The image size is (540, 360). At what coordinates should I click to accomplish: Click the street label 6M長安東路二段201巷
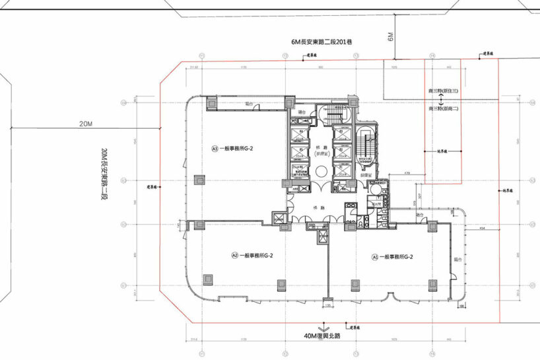pyautogui.click(x=321, y=42)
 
